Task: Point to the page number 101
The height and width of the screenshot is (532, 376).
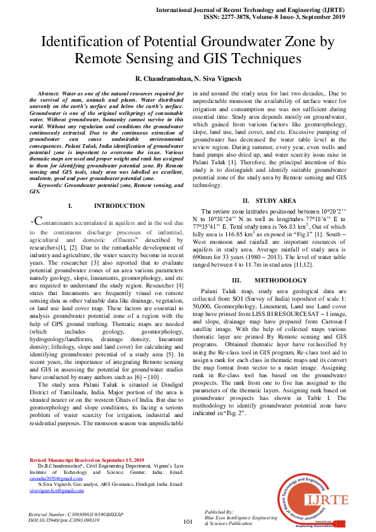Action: [188, 522]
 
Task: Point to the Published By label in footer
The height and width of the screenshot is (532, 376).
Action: [219, 511]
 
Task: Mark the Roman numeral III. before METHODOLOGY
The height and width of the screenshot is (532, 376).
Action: [237, 279]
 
